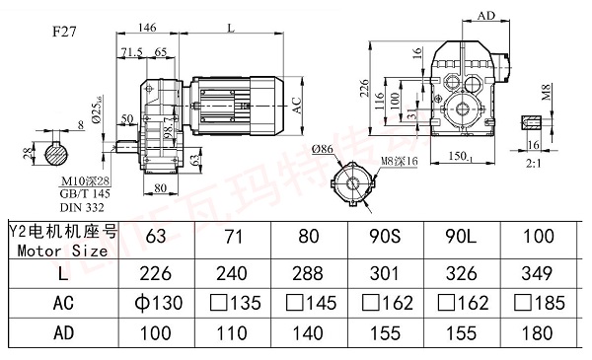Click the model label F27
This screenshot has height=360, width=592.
click(x=67, y=31)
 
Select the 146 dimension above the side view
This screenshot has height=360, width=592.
click(x=149, y=30)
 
